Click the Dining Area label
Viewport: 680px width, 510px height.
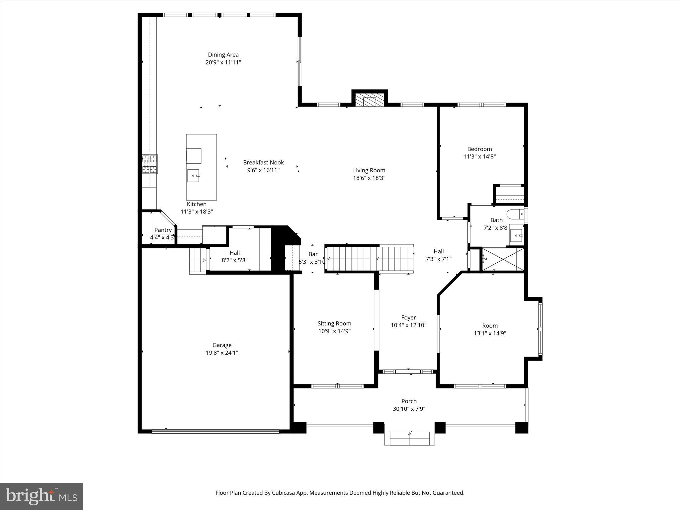(x=223, y=55)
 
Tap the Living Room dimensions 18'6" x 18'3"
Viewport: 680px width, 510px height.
(x=369, y=178)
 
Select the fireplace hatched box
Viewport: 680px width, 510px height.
(x=370, y=100)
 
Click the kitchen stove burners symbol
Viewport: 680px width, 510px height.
(x=150, y=164)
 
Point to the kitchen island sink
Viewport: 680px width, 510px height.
(x=193, y=175)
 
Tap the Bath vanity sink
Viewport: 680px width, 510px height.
(x=516, y=235)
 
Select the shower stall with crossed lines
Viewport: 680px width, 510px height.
(x=503, y=259)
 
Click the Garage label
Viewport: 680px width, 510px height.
(x=222, y=345)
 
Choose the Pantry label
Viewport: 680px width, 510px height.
(x=163, y=230)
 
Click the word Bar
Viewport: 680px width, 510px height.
(x=313, y=254)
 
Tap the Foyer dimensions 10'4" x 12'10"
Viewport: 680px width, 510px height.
(x=408, y=325)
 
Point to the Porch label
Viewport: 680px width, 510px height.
(x=409, y=401)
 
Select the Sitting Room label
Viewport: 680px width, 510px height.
(x=334, y=323)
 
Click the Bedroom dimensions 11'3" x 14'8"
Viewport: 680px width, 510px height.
(x=479, y=157)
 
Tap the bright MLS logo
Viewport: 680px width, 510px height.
(x=42, y=496)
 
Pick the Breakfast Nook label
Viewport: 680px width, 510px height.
(x=263, y=162)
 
